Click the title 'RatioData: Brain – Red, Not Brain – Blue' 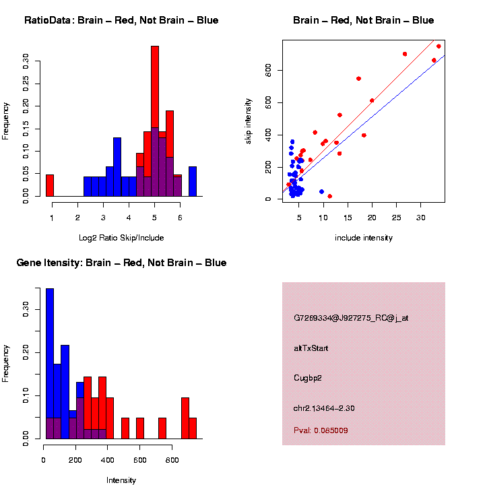click(121, 20)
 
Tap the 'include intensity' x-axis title click(364, 238)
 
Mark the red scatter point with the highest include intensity click(439, 46)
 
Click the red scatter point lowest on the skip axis click(329, 196)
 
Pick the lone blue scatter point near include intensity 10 click(321, 192)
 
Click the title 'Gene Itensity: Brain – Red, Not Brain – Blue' click(121, 263)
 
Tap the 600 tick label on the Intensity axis click(139, 461)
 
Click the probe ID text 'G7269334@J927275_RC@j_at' click(351, 317)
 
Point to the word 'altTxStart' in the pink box click(311, 348)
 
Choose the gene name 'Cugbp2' click(308, 378)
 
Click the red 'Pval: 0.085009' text click(321, 430)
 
